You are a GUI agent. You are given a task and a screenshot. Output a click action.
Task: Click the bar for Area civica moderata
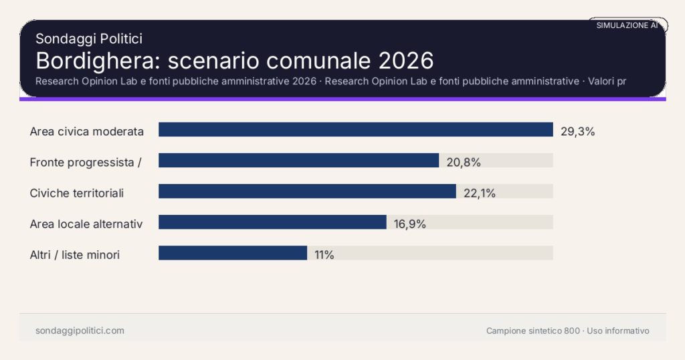coord(355,130)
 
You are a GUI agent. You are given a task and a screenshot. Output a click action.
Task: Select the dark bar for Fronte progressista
coord(298,161)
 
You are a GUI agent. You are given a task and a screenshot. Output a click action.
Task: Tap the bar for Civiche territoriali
coord(307,191)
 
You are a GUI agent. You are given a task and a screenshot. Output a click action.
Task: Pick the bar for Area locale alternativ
coord(272,222)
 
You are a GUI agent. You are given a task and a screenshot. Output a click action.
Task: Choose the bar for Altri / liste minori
coord(232,253)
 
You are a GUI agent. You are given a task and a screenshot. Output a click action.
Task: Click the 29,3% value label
coord(577,131)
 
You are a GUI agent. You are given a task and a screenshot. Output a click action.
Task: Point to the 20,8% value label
coord(464,162)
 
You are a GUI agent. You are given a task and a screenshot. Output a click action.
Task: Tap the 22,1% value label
coord(479,193)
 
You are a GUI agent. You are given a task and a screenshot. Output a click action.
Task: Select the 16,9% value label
coord(409,224)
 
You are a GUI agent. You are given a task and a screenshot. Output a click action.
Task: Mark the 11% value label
coord(324,255)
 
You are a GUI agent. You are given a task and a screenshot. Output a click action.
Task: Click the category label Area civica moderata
coord(87,131)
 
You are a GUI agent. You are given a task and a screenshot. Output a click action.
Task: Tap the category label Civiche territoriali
coord(77,193)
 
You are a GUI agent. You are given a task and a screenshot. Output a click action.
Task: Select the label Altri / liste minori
coord(75,255)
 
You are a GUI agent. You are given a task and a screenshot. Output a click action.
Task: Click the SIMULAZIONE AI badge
coord(627,25)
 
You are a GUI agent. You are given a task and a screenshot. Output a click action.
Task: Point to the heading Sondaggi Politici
coord(89,39)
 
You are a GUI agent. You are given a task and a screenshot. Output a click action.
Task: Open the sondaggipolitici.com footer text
coord(80,331)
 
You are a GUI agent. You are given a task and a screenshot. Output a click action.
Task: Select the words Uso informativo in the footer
coord(618,331)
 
